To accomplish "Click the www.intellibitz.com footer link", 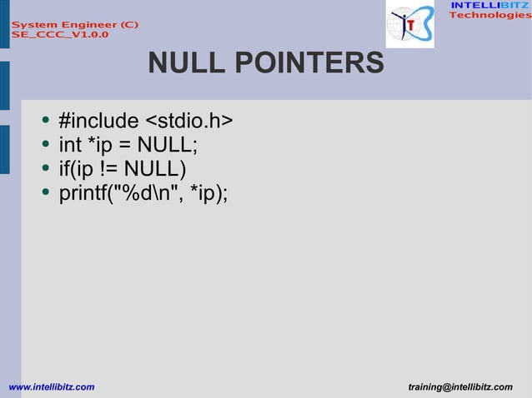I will [x=51, y=387].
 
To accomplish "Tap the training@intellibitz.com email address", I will [x=461, y=387].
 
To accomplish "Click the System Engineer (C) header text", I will [x=75, y=25].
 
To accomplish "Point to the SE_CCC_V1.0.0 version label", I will [x=58, y=36].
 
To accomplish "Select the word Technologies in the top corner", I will [x=489, y=16].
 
